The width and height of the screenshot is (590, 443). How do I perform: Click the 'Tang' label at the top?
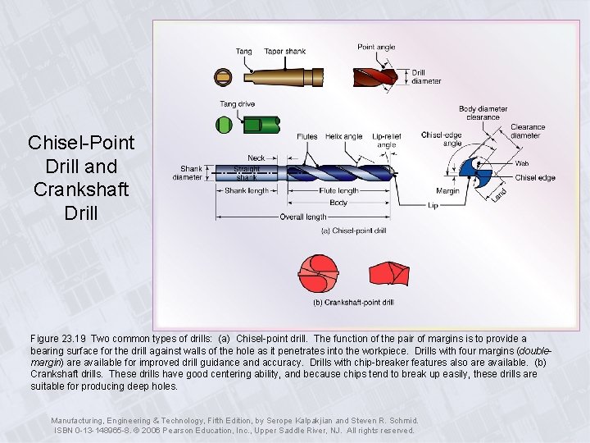(244, 51)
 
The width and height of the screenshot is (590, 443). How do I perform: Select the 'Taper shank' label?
(284, 51)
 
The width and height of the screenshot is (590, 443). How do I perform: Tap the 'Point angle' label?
(376, 47)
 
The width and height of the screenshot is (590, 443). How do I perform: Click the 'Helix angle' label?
(343, 137)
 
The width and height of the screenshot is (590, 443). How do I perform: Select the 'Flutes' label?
(307, 137)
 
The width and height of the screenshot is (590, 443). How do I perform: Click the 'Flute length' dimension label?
(338, 190)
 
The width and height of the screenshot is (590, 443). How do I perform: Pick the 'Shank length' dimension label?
(247, 190)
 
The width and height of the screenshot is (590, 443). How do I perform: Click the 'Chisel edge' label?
(535, 177)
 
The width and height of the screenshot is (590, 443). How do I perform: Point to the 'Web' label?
(522, 163)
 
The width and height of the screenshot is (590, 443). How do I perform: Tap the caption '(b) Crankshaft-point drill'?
(353, 302)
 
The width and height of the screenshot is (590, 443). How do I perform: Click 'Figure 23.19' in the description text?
(58, 338)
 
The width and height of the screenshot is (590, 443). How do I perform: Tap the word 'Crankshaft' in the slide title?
(81, 190)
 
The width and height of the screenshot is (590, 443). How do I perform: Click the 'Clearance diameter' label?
(527, 131)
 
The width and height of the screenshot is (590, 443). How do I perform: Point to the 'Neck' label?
(256, 158)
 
